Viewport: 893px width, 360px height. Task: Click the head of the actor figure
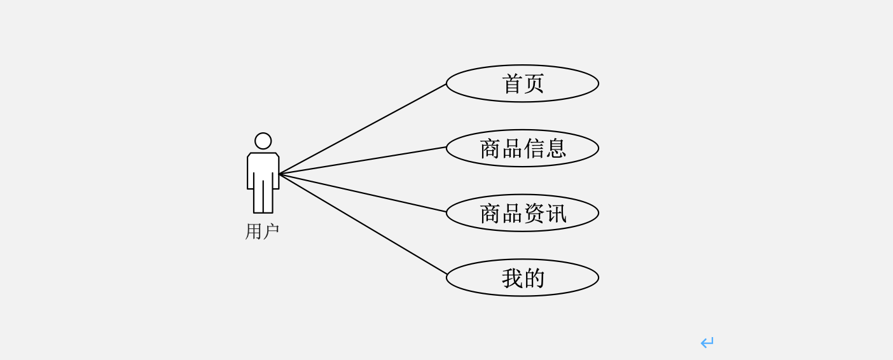(x=263, y=141)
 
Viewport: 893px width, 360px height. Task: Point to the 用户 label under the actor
(x=262, y=232)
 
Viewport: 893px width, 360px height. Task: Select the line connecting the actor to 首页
(x=363, y=129)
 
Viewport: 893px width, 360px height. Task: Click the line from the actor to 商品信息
(x=363, y=161)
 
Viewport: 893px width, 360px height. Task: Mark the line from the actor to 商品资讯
(x=363, y=193)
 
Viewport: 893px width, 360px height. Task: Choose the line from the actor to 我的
(x=363, y=224)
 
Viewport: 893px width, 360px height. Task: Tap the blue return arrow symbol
(x=707, y=343)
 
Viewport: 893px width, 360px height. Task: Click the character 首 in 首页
(x=512, y=83)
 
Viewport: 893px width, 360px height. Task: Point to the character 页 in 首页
(x=534, y=83)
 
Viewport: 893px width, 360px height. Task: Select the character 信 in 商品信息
(x=534, y=148)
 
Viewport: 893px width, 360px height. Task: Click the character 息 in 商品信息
(x=555, y=148)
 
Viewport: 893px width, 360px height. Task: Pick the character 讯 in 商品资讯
(x=555, y=213)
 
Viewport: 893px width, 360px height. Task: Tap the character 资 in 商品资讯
(x=534, y=213)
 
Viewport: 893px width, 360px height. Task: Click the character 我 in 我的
(x=512, y=278)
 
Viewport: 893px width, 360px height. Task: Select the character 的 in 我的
(x=534, y=278)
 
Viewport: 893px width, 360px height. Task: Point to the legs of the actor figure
(x=263, y=198)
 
